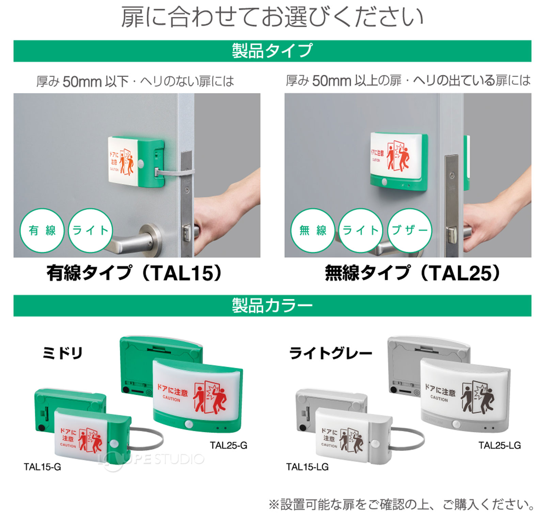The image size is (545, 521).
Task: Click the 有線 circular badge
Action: point(42,231)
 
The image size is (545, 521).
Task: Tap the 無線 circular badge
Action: point(313,231)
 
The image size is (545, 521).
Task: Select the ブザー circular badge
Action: point(409,231)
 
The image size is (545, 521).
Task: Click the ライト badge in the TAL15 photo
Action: point(90,231)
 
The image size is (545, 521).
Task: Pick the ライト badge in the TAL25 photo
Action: point(361,231)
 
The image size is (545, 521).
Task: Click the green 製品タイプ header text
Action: point(272,51)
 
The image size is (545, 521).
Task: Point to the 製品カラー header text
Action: point(272,306)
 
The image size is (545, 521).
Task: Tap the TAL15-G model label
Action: point(42,467)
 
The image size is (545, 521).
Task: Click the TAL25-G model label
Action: point(228,445)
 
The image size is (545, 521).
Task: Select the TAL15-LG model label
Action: point(307,467)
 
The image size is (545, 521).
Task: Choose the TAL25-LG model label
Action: point(499,445)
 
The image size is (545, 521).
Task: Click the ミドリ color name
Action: point(62,353)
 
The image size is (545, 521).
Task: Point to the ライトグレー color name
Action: point(330,353)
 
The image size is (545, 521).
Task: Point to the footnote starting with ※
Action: point(401,504)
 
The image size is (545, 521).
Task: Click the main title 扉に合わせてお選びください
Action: point(272,18)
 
